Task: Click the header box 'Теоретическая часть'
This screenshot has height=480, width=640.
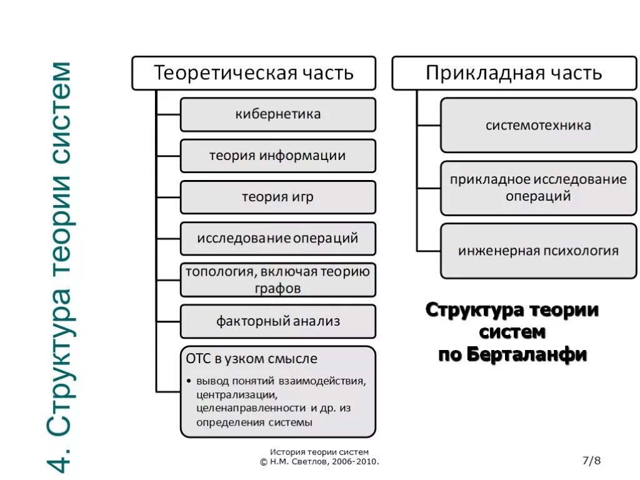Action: [253, 73]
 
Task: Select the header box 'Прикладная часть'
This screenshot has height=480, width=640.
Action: [514, 73]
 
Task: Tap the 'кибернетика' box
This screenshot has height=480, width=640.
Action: [278, 114]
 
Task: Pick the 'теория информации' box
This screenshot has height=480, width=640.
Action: [278, 156]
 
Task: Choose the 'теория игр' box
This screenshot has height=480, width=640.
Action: [278, 197]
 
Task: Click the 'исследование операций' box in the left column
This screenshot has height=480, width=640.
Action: [278, 238]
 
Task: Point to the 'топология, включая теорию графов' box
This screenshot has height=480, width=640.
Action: [278, 279]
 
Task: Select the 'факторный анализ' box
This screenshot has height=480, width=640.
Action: [278, 321]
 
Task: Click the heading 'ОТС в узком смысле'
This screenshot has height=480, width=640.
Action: [251, 359]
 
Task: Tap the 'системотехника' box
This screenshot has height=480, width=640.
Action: [538, 125]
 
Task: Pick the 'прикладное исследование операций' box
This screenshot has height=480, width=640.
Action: [538, 187]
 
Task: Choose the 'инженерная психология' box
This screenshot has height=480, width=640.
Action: [538, 251]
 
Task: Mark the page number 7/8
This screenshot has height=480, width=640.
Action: [591, 461]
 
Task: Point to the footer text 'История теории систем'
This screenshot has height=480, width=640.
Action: [319, 452]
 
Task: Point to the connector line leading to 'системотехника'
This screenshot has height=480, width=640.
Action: [429, 125]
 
